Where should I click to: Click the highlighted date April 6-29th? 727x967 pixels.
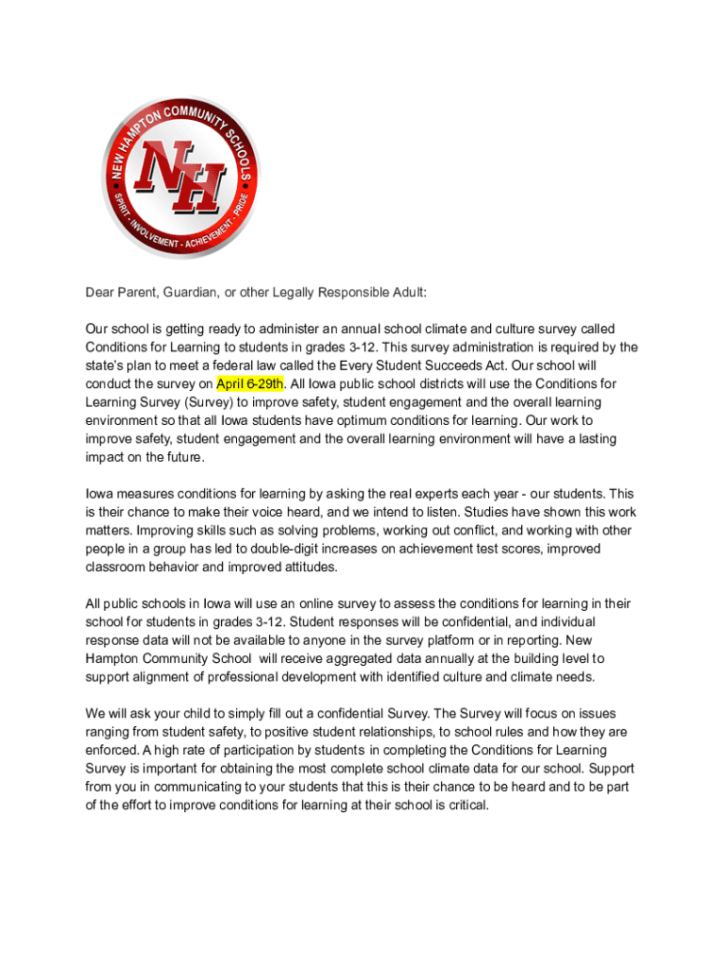point(250,383)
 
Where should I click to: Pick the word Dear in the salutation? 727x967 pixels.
point(100,293)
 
